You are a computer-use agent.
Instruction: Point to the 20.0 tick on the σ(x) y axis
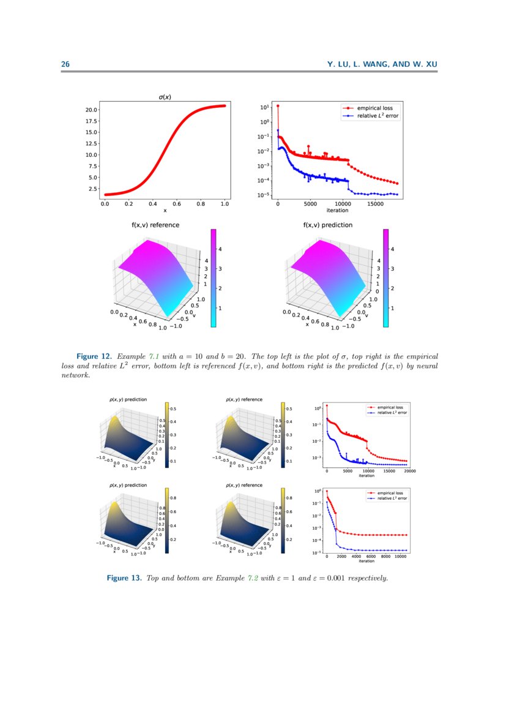coord(92,110)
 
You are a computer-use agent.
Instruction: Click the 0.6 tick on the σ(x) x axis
coord(177,205)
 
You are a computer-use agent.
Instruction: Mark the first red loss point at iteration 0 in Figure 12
coord(278,106)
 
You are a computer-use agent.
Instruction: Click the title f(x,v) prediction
coord(328,225)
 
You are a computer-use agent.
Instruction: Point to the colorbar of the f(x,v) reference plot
coord(214,278)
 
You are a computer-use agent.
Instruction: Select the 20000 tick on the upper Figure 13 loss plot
coord(410,471)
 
